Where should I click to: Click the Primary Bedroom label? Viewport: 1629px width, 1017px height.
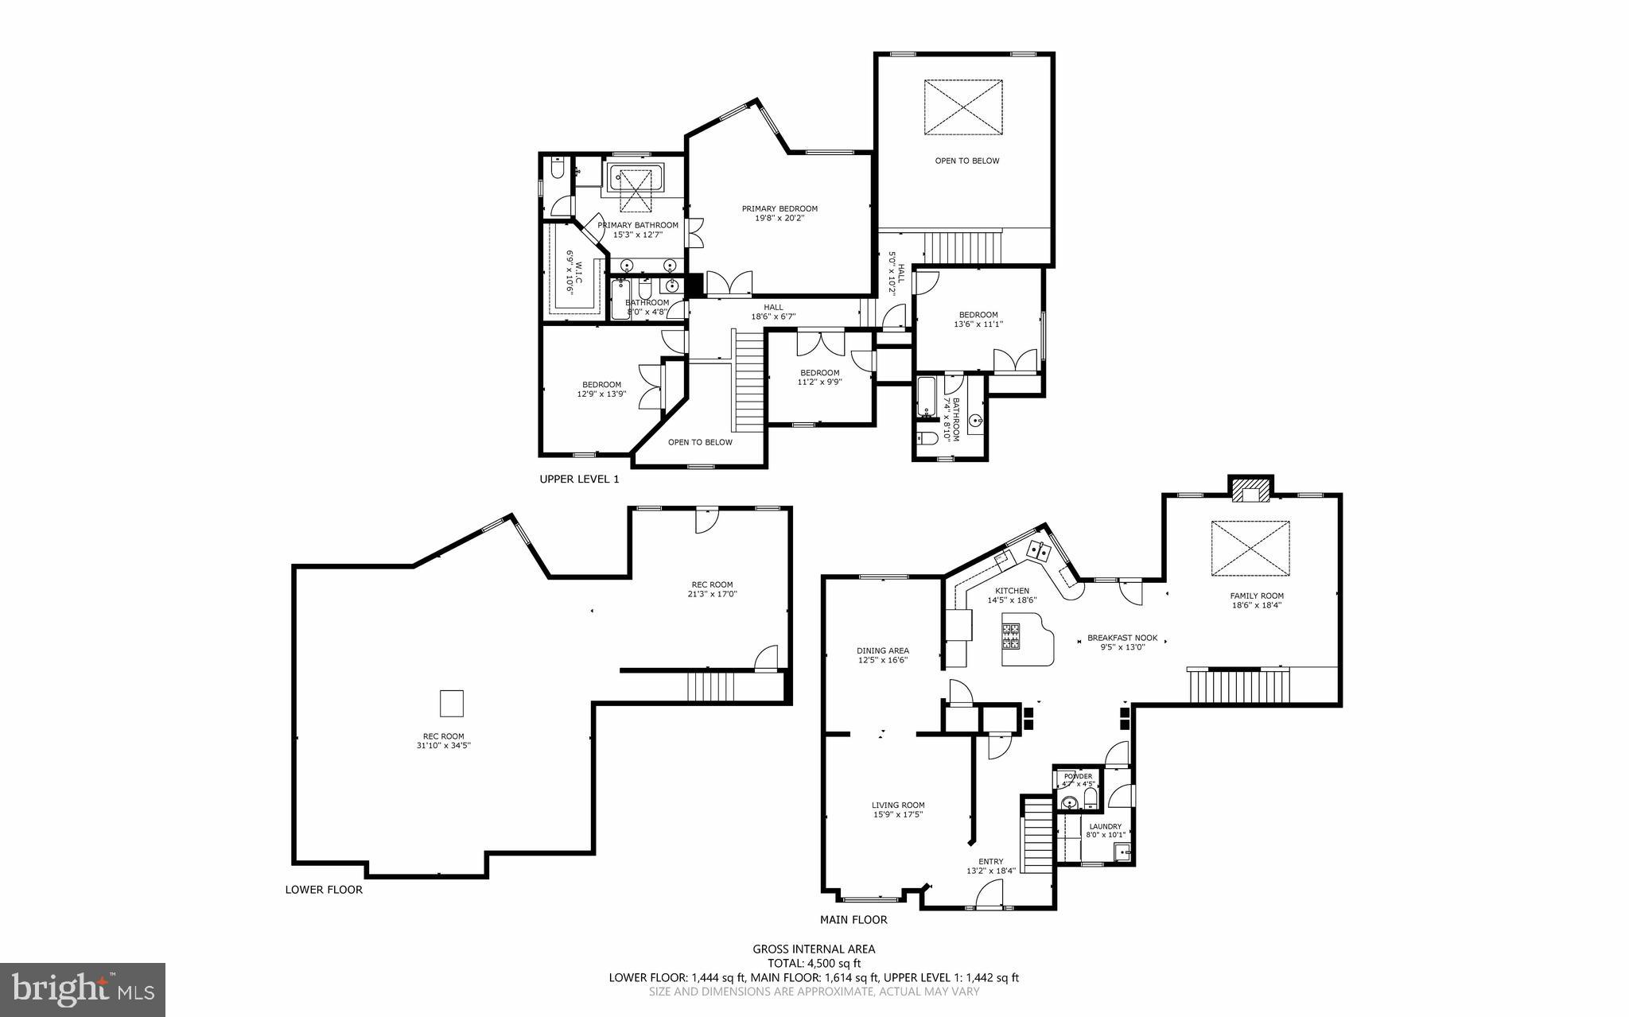(780, 209)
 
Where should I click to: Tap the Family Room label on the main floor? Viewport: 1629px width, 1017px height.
(1257, 596)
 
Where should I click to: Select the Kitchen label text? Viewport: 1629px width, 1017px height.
(1012, 591)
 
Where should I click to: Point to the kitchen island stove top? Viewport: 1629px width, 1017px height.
(1011, 637)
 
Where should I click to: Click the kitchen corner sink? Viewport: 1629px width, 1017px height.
(1038, 549)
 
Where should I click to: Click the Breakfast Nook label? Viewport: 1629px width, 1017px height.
(1122, 638)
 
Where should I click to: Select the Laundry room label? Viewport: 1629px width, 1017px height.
(1105, 826)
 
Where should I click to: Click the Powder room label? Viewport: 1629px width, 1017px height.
(1079, 776)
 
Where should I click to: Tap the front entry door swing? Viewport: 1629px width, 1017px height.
(989, 897)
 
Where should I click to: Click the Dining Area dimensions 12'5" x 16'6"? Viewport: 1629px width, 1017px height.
(883, 660)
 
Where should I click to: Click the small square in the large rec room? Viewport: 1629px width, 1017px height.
(452, 704)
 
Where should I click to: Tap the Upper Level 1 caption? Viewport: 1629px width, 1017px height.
(579, 479)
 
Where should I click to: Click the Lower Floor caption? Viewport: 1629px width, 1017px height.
(324, 889)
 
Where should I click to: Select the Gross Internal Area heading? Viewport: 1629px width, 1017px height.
(814, 949)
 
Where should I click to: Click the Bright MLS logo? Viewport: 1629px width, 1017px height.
(83, 989)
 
